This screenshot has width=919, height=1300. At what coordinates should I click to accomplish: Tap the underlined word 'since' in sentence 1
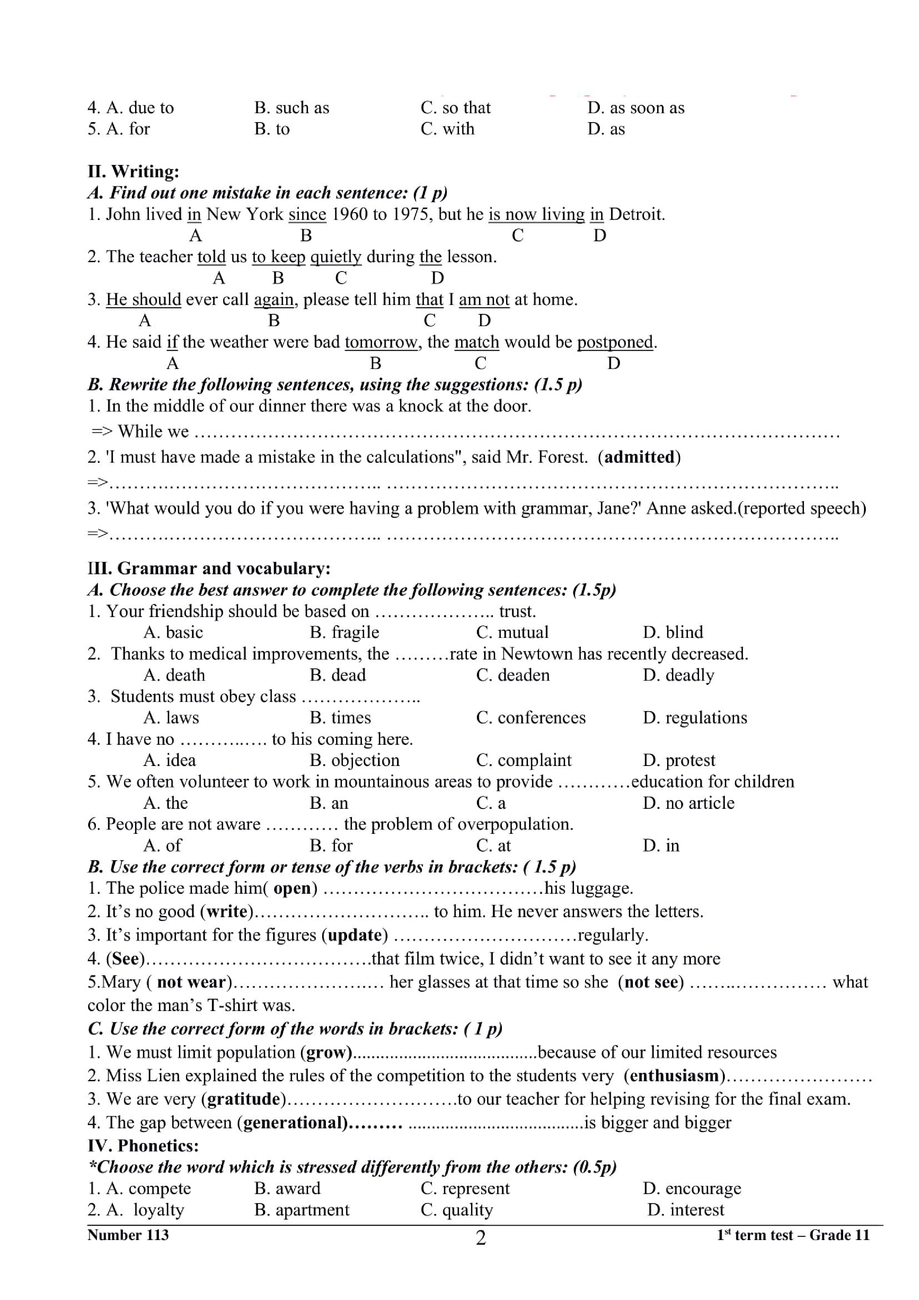(307, 214)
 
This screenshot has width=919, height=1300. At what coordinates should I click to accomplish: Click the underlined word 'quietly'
(336, 257)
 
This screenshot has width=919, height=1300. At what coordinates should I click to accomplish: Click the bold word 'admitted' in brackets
(640, 457)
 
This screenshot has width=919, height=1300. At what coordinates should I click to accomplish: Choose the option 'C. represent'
(465, 1188)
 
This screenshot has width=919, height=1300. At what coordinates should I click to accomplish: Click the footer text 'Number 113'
(128, 1235)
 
